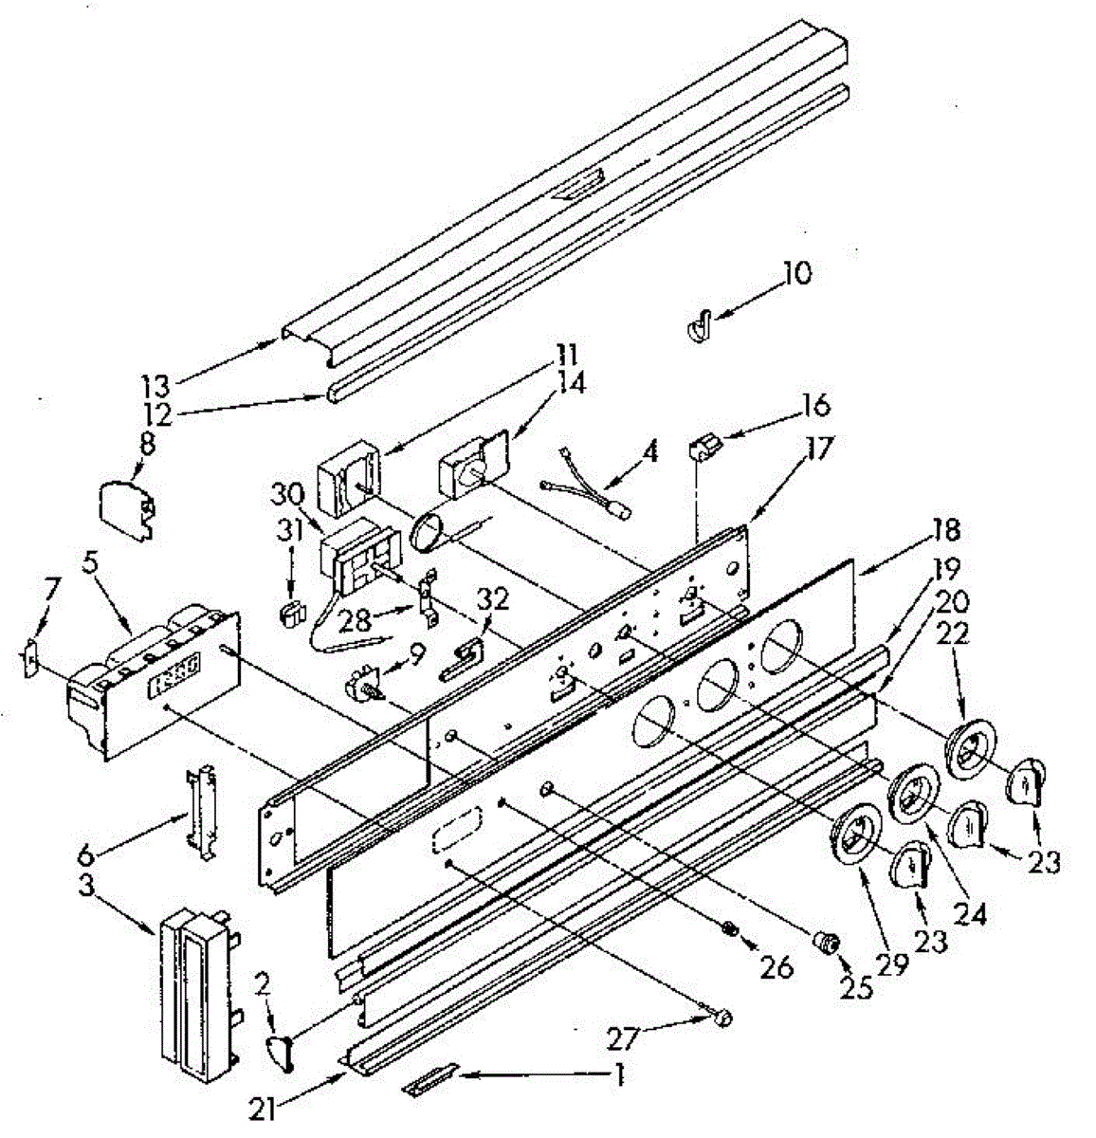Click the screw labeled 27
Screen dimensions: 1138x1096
(722, 1018)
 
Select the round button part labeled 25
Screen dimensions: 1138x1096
(828, 942)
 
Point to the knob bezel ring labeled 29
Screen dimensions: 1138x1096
(856, 834)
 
